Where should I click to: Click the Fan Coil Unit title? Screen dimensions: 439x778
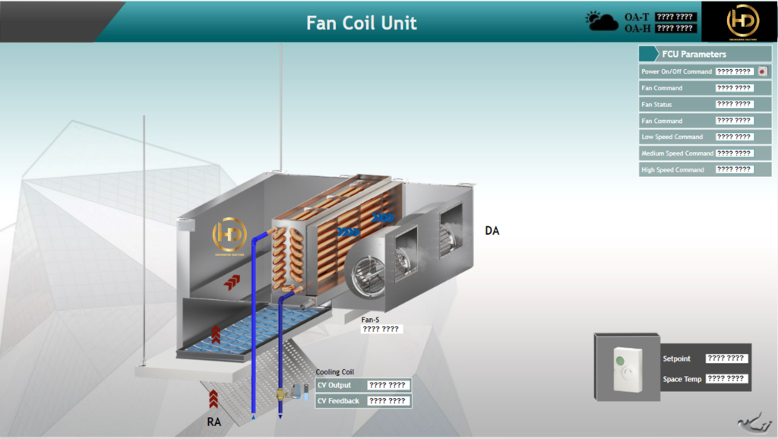362,22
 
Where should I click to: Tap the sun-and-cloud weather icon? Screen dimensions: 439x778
602,21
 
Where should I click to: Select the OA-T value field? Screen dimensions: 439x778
675,17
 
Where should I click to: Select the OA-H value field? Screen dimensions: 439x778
675,28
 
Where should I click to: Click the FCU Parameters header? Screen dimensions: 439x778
694,54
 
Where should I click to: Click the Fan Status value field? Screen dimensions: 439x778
734,104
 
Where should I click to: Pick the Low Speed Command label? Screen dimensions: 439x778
672,137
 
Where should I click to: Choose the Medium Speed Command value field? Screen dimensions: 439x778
734,153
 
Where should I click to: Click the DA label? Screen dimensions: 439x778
492,230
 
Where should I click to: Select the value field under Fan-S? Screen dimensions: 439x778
381,329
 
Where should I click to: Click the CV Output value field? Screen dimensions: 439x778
387,385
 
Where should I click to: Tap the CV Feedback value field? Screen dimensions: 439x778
387,400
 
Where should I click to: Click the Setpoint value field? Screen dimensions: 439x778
726,358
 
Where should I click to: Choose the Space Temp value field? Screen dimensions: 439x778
726,378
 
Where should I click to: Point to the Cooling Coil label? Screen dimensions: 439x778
334,372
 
